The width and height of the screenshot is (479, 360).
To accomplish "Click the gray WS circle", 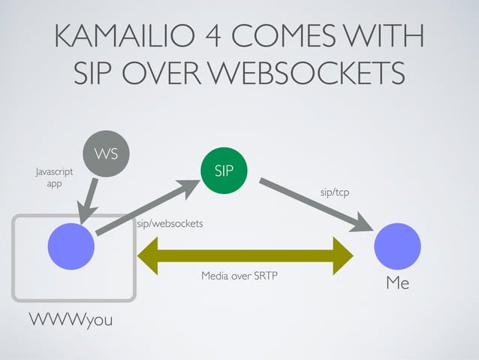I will [x=105, y=156].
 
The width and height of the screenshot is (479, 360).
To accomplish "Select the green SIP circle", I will [x=224, y=171].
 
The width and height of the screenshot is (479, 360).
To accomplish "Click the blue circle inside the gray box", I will [x=71, y=247].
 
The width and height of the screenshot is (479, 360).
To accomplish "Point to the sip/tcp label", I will [x=335, y=193].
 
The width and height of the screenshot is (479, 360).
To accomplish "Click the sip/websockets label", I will [x=170, y=224].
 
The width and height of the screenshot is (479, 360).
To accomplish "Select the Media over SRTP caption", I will [x=239, y=277].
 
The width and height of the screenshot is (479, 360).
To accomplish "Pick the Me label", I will [x=397, y=283].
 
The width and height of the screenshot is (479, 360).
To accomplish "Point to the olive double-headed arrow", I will [x=245, y=256].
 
